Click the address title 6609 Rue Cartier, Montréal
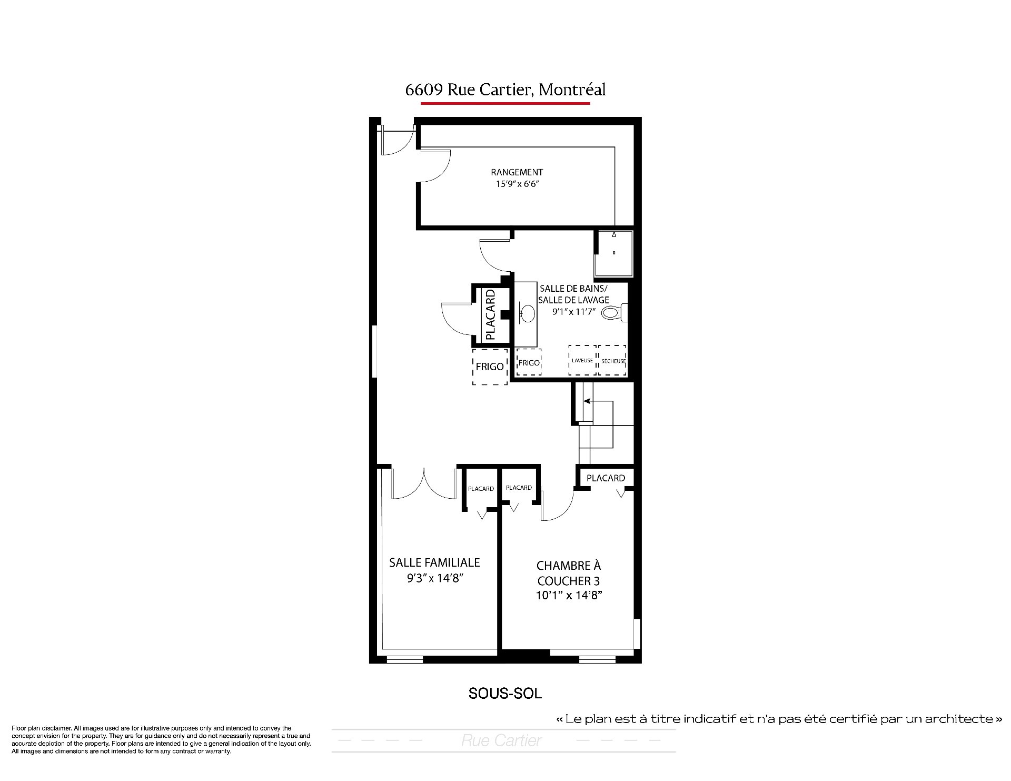[506, 90]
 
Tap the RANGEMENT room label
[517, 172]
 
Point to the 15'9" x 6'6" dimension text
[517, 184]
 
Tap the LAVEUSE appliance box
[582, 360]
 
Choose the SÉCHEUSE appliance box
[613, 360]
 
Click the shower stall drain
[614, 253]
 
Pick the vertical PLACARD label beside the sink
[490, 314]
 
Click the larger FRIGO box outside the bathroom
[490, 367]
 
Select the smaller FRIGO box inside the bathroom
[529, 362]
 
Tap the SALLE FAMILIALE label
[434, 562]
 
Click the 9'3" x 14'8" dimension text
[434, 578]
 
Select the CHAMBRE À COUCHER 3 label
[568, 574]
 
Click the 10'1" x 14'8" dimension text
[568, 596]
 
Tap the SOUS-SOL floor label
[505, 694]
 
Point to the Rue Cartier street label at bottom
[501, 741]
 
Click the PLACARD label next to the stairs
[606, 478]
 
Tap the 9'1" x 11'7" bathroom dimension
[573, 312]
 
